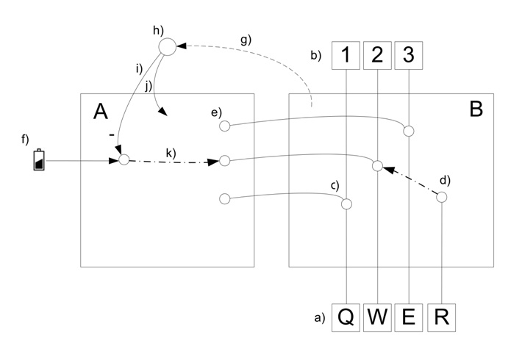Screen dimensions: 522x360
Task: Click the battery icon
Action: pos(39,159)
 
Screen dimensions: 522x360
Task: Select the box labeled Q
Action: pos(346,317)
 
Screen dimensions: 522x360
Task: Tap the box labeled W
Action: pos(377,317)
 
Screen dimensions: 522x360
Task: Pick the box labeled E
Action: pos(409,317)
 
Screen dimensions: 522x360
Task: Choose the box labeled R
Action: pos(441,317)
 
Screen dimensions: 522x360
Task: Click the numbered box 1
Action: pos(346,55)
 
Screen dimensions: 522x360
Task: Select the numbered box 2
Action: pos(377,55)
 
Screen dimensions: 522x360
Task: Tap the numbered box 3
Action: pos(409,55)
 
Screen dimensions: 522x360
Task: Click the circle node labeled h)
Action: pos(167,47)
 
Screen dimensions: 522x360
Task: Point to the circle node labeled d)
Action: pos(441,198)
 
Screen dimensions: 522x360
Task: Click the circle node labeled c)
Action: pos(346,204)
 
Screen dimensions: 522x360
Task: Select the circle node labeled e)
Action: pos(225,126)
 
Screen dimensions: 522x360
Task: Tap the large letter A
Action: pos(101,111)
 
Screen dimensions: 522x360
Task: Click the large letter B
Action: pos(476,109)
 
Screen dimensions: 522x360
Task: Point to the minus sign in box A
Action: pos(112,135)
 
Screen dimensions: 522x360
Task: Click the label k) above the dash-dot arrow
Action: pos(171,153)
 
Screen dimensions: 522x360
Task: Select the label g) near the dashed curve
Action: pos(246,40)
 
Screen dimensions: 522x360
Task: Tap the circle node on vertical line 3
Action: pos(409,131)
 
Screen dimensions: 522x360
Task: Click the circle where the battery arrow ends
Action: pos(124,159)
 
